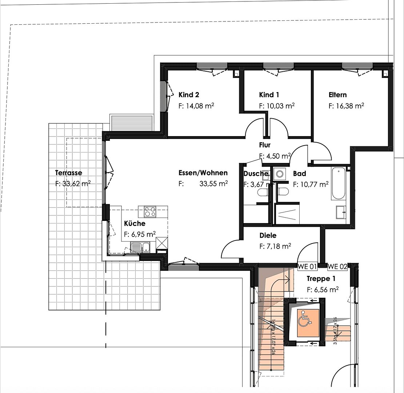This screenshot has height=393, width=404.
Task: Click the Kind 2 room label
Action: (x=189, y=95)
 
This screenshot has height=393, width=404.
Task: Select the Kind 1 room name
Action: (x=269, y=95)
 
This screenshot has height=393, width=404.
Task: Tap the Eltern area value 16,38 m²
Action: (x=346, y=106)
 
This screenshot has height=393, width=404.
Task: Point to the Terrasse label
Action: (x=68, y=173)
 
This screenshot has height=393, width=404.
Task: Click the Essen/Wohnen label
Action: (x=203, y=173)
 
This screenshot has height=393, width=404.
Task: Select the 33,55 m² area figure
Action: (x=213, y=184)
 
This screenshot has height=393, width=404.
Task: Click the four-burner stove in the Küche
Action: (x=150, y=211)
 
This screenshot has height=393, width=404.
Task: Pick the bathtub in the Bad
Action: (x=338, y=183)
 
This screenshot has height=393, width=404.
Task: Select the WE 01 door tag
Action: (x=307, y=267)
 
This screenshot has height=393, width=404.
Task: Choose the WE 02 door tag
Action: (x=337, y=267)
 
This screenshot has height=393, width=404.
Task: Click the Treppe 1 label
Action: (x=321, y=279)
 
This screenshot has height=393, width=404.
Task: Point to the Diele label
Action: (x=268, y=235)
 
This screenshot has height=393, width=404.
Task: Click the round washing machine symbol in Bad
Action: (x=280, y=174)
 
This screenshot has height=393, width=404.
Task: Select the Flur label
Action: (x=265, y=145)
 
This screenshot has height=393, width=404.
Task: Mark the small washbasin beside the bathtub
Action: (x=341, y=212)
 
